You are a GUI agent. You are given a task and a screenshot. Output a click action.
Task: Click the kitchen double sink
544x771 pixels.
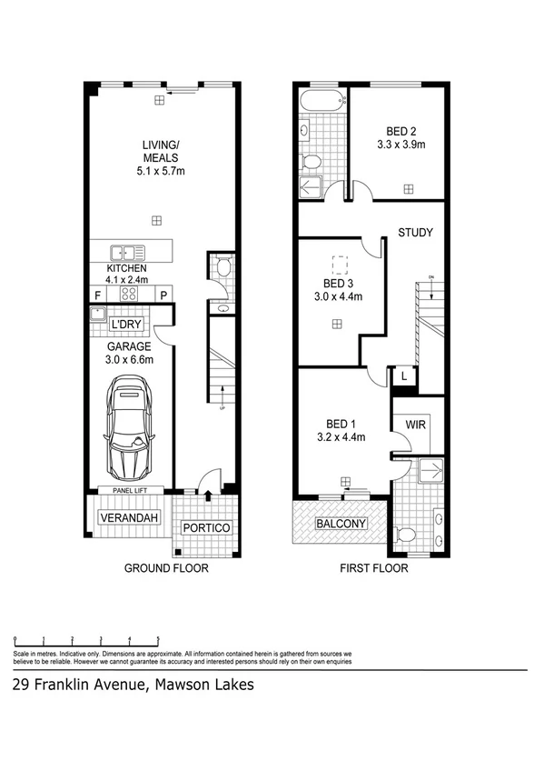(124, 253)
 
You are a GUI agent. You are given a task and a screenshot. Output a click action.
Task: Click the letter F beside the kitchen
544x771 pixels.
(97, 295)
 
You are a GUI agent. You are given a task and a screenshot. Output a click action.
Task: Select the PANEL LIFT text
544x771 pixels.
(130, 490)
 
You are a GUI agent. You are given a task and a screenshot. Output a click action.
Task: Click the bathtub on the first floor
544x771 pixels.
(322, 100)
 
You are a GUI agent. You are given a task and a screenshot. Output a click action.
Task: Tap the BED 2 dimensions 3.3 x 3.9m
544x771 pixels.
(401, 144)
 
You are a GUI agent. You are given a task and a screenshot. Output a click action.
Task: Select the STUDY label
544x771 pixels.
(415, 233)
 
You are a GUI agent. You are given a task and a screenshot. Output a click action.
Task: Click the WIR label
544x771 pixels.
(417, 425)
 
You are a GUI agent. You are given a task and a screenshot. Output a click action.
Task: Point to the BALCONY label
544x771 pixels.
(341, 524)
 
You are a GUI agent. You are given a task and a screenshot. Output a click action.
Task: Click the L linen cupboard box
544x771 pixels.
(402, 375)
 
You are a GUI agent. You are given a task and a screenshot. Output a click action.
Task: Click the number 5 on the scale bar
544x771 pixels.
(158, 640)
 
